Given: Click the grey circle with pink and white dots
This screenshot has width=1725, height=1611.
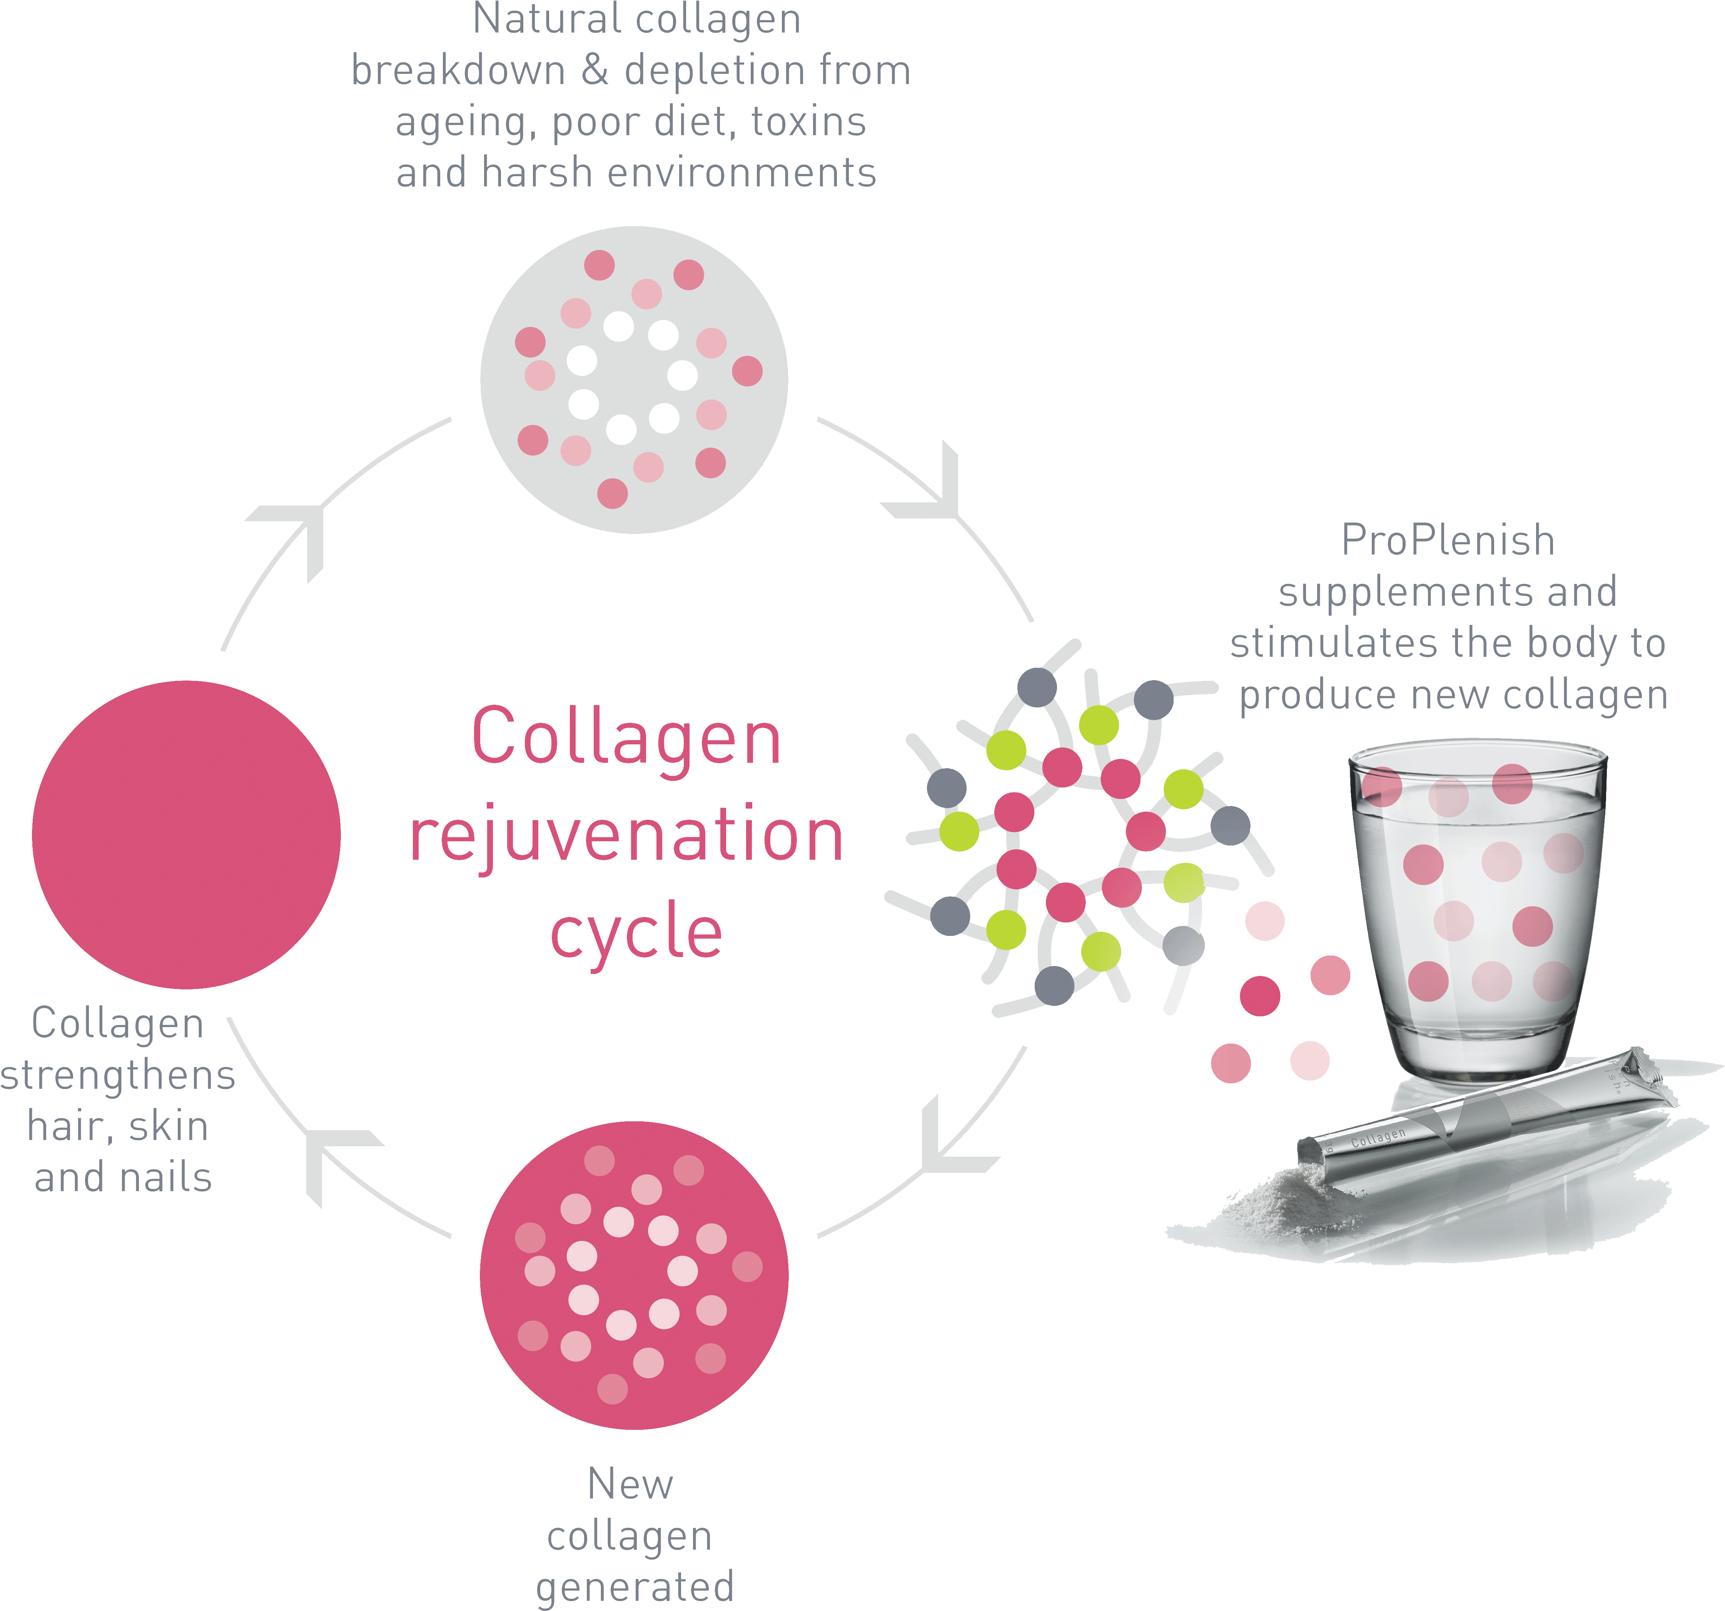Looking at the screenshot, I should point(634,380).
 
